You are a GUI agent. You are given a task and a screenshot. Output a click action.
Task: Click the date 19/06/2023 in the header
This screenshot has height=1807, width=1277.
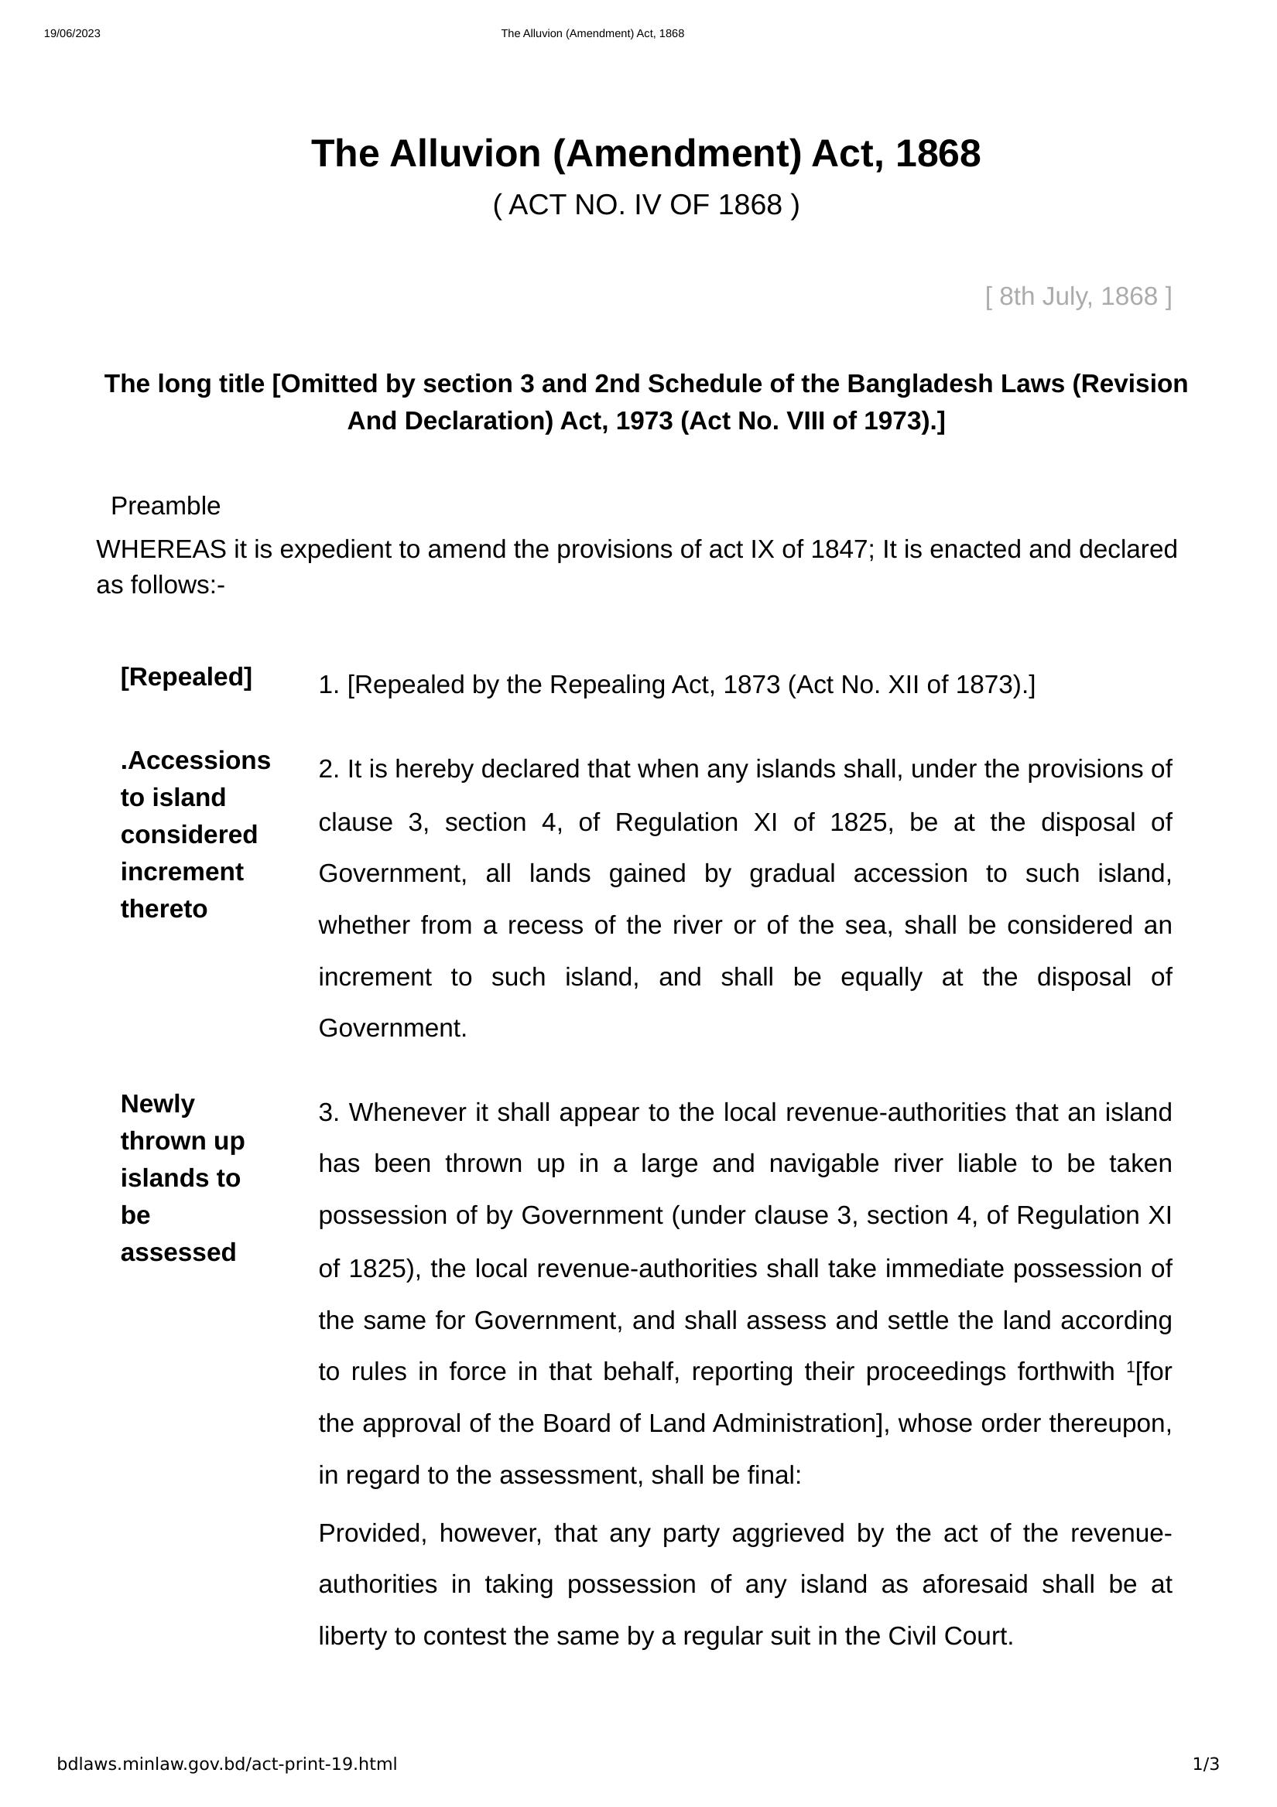click(72, 34)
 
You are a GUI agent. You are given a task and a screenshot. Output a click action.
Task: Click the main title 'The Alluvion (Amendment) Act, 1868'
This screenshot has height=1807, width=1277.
click(645, 153)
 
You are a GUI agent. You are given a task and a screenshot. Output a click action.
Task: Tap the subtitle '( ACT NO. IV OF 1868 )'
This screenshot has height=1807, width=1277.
click(645, 205)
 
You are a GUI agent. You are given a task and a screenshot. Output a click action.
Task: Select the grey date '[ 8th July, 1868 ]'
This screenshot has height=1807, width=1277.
click(1078, 297)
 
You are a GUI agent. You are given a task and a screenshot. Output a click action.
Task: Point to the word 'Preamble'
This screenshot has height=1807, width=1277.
click(166, 506)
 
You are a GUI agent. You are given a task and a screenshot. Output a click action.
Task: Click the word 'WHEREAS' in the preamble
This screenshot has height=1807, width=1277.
click(162, 549)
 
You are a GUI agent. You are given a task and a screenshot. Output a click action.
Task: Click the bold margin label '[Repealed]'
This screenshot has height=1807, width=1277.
click(186, 677)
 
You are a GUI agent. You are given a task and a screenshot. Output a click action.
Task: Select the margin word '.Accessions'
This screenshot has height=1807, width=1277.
click(195, 760)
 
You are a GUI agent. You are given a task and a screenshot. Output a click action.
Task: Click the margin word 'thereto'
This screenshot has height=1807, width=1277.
click(164, 909)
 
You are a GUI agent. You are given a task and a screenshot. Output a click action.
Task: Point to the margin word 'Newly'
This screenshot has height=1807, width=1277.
click(157, 1104)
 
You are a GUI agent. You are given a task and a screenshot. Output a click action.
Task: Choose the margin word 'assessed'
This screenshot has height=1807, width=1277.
click(178, 1252)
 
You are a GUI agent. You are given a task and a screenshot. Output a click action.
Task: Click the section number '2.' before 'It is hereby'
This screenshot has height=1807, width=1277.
click(328, 769)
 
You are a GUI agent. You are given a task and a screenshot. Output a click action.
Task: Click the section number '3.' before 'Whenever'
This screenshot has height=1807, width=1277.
click(328, 1113)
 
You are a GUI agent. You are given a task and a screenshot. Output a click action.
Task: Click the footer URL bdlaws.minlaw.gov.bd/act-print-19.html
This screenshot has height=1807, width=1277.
click(227, 1764)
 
